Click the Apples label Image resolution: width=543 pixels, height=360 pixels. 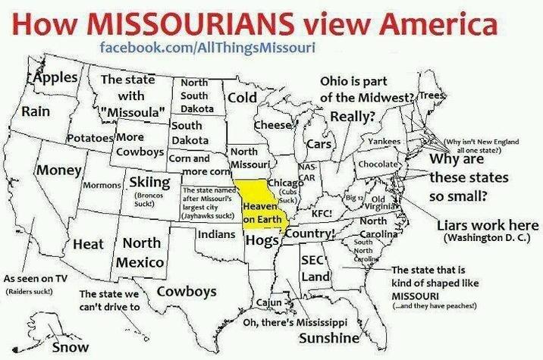click(x=54, y=78)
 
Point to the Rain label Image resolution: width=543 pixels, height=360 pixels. click(x=35, y=111)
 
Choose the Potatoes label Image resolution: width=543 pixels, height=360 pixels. click(x=90, y=139)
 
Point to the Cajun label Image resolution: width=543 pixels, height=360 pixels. click(x=268, y=302)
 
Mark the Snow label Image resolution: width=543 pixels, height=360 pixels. click(x=70, y=347)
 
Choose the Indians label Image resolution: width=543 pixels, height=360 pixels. click(x=213, y=235)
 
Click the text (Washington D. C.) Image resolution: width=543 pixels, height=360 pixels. click(x=480, y=240)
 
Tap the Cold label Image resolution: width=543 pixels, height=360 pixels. click(x=243, y=98)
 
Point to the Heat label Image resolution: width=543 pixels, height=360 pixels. click(x=89, y=245)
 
